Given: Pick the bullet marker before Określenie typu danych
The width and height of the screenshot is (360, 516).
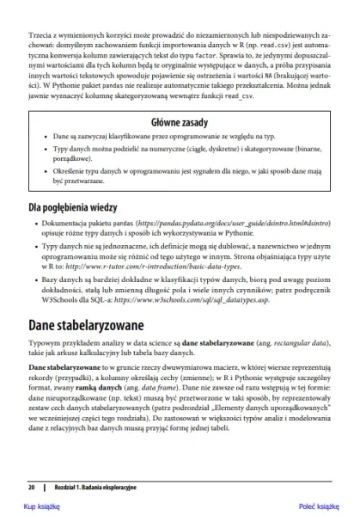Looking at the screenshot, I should [44, 171].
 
